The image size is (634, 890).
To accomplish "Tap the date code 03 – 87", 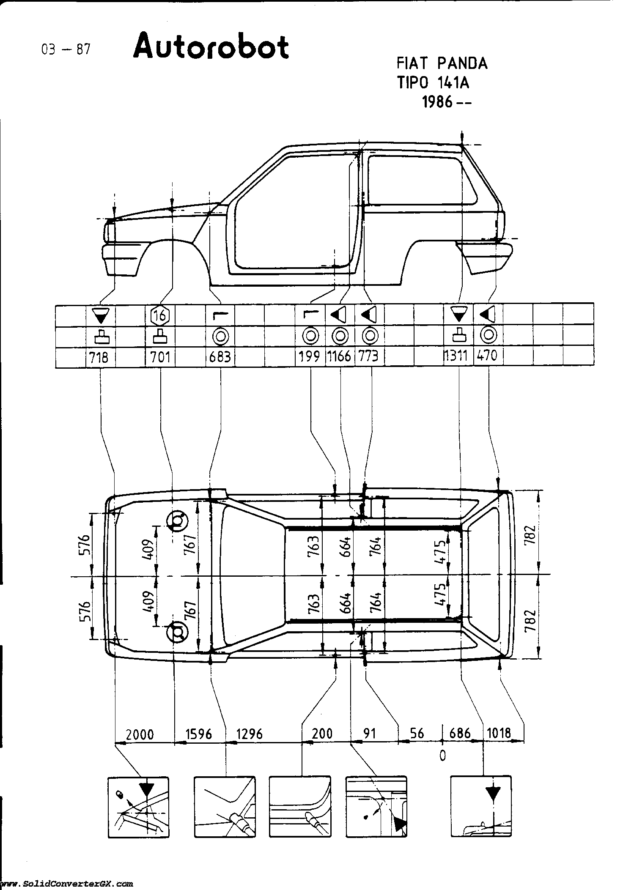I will pyautogui.click(x=66, y=50).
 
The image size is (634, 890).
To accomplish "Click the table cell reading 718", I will pyautogui.click(x=100, y=357).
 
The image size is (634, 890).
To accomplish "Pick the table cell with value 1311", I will pyautogui.click(x=457, y=356).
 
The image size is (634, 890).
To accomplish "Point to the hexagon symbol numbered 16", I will pyautogui.click(x=160, y=315).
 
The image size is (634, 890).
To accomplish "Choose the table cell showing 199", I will pyautogui.click(x=310, y=357).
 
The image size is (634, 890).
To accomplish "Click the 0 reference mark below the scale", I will pyautogui.click(x=442, y=756).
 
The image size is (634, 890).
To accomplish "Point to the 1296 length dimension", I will pyautogui.click(x=249, y=734).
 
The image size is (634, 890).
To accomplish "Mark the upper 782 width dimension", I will pyautogui.click(x=531, y=534).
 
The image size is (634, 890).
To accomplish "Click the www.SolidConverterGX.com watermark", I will pyautogui.click(x=68, y=883).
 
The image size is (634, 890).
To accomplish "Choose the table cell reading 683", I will pyautogui.click(x=220, y=357).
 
